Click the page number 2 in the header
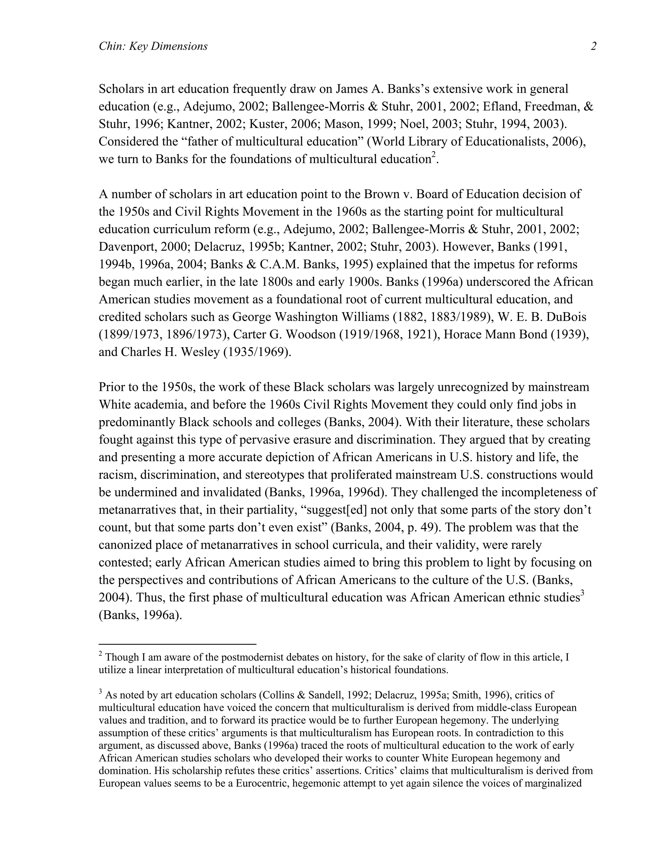pyautogui.click(x=593, y=47)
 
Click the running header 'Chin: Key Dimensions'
pyautogui.click(x=153, y=47)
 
